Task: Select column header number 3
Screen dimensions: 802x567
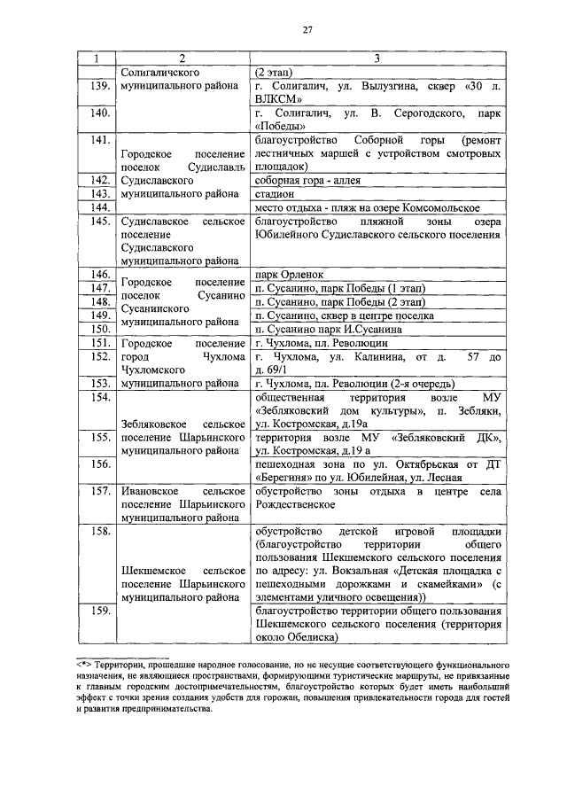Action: click(x=377, y=58)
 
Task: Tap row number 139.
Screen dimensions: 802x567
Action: click(x=99, y=87)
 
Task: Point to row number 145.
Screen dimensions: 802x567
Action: click(x=99, y=220)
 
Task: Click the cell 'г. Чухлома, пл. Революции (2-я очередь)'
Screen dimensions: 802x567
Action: click(x=354, y=384)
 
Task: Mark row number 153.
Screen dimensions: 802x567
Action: click(x=99, y=384)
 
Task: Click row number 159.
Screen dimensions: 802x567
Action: click(x=99, y=611)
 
